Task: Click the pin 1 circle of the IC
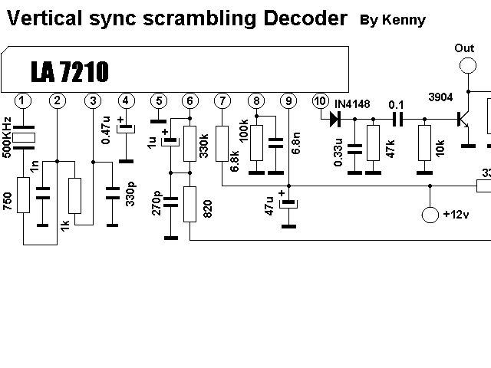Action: (23, 100)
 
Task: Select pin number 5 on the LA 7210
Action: (159, 100)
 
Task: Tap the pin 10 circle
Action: (320, 100)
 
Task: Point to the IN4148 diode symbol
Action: (335, 120)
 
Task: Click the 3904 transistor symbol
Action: (463, 120)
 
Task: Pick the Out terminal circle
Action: (468, 66)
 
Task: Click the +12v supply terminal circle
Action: (430, 215)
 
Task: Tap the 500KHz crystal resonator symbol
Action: (24, 138)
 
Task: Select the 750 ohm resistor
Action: (24, 195)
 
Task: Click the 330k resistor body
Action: (189, 143)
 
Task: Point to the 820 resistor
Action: (189, 205)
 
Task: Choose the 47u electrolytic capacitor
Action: (288, 204)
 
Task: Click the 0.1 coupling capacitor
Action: (398, 120)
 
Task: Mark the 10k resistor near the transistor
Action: (424, 143)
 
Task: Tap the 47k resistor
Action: (374, 143)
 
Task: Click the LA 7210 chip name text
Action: (70, 71)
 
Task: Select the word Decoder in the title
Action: (305, 18)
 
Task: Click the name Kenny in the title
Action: (404, 21)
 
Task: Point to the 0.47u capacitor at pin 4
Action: (126, 130)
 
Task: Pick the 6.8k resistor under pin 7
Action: (222, 143)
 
